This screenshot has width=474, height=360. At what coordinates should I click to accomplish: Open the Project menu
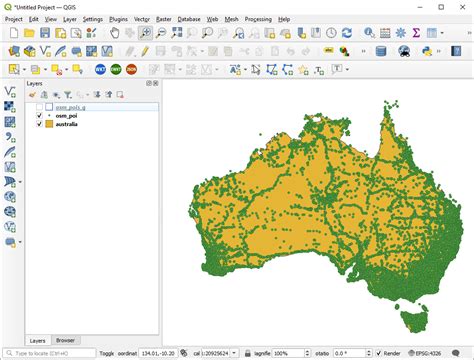coord(14,19)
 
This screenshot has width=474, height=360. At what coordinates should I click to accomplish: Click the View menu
coord(50,19)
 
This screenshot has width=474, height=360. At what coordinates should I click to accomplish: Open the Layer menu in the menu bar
coord(69,19)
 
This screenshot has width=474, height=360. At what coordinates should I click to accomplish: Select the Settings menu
coord(93,19)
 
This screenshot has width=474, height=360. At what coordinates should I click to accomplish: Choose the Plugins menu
coord(118,19)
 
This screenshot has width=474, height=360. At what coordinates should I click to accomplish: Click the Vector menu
coord(143,19)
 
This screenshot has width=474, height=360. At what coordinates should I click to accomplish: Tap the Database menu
coord(190,19)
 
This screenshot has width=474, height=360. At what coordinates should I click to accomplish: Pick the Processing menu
coord(258,19)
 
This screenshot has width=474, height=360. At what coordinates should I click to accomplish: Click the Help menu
coord(284,19)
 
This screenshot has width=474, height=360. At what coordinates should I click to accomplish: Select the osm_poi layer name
coord(67,115)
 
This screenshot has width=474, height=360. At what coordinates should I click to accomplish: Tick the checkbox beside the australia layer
coord(39,124)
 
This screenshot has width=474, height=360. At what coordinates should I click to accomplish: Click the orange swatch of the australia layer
coord(49,124)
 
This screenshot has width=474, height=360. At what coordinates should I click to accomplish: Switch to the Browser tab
coord(65,340)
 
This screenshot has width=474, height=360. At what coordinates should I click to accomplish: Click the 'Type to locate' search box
coord(48,353)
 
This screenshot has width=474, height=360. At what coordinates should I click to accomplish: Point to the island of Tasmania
coord(411,321)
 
